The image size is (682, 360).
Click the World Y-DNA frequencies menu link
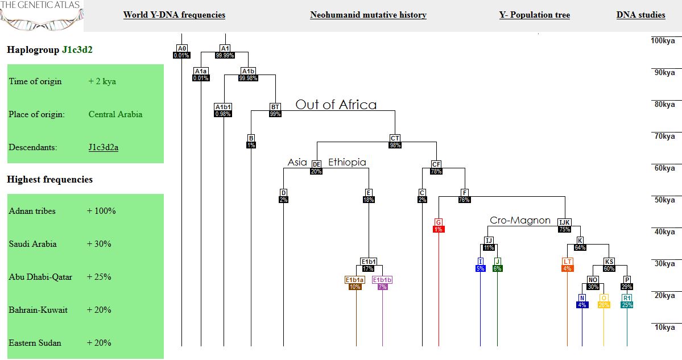pyautogui.click(x=174, y=15)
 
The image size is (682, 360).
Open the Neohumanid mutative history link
pyautogui.click(x=368, y=15)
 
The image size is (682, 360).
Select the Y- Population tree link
pyautogui.click(x=534, y=15)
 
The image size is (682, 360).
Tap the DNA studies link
pyautogui.click(x=640, y=15)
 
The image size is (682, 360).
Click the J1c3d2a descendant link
pyautogui.click(x=107, y=147)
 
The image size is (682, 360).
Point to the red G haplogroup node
pyautogui.click(x=439, y=222)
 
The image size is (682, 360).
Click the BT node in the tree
pyautogui.click(x=275, y=106)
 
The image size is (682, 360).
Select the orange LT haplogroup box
pyautogui.click(x=567, y=262)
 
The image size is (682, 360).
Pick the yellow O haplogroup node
pyautogui.click(x=604, y=298)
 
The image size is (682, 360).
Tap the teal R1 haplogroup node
pyautogui.click(x=627, y=298)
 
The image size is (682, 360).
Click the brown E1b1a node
pyautogui.click(x=355, y=280)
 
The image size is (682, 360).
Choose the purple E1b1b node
pyautogui.click(x=382, y=280)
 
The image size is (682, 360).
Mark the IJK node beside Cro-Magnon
pyautogui.click(x=564, y=222)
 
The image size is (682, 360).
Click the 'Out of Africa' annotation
pyautogui.click(x=336, y=105)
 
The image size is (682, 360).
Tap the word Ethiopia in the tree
pyautogui.click(x=347, y=162)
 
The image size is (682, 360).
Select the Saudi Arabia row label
pyautogui.click(x=32, y=244)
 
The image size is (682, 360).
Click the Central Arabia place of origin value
pyautogui.click(x=115, y=114)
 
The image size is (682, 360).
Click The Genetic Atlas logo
pyautogui.click(x=41, y=15)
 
